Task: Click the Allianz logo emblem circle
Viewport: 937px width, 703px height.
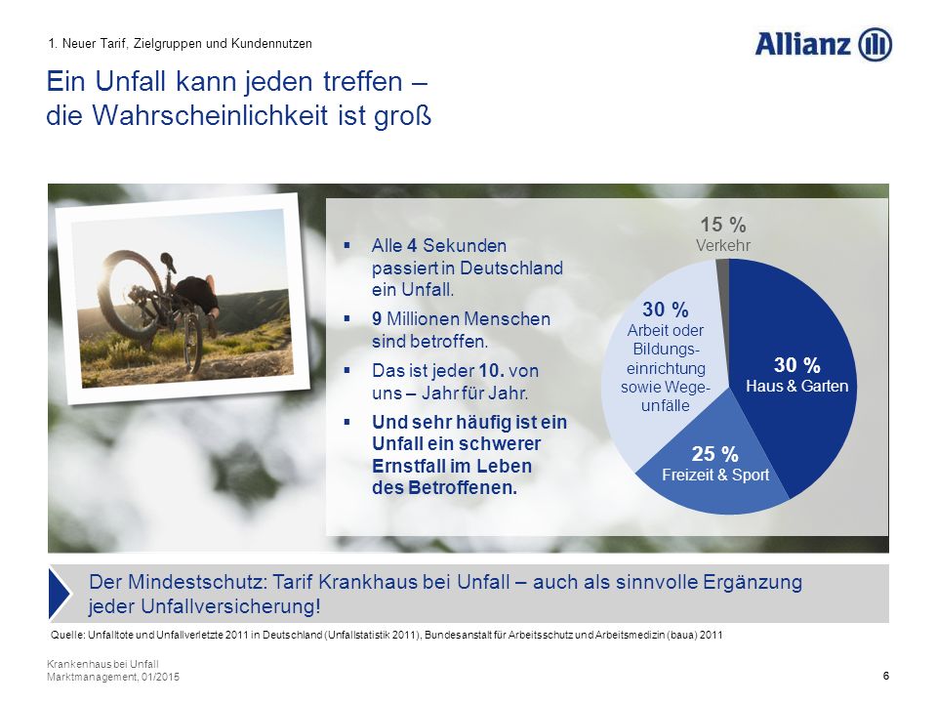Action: click(875, 45)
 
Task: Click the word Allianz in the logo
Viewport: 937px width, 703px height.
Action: click(803, 44)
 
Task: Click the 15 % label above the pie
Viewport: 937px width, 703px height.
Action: click(723, 225)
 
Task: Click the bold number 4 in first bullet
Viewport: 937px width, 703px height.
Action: click(412, 246)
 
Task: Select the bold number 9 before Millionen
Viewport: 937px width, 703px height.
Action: click(377, 318)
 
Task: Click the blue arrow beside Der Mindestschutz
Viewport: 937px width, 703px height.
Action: click(60, 594)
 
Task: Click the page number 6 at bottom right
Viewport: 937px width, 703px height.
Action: click(885, 676)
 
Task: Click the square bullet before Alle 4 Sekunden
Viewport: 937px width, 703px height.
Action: click(346, 245)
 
